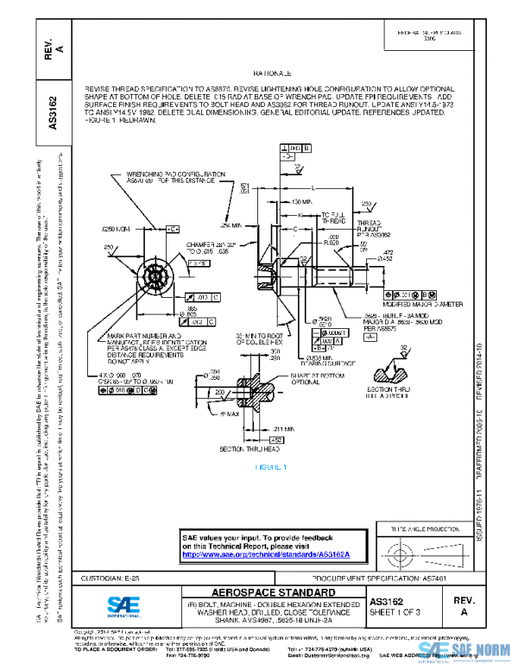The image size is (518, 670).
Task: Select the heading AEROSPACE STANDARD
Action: coord(262,592)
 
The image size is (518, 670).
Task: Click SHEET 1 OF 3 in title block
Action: coord(398,611)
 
